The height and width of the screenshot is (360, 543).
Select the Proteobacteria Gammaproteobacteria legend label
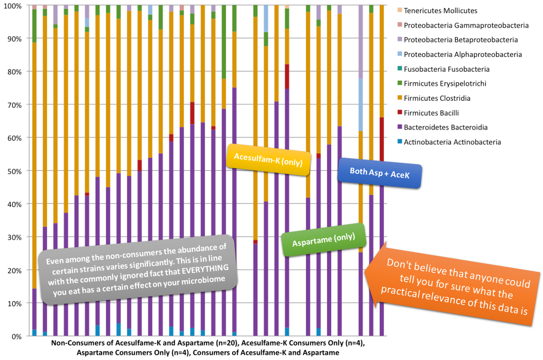tap(466, 25)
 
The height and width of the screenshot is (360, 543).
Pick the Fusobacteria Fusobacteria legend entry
tap(446, 69)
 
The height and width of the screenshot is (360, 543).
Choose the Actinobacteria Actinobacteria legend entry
tap(452, 142)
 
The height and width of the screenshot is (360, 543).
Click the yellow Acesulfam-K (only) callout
tap(268, 160)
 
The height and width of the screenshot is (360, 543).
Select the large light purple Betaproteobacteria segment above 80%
tap(361, 42)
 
